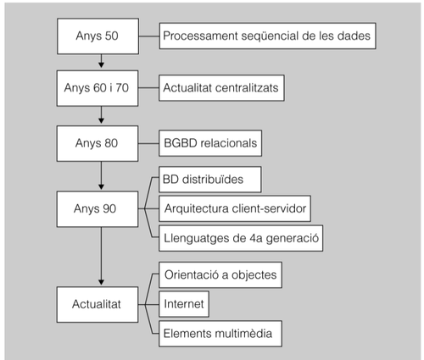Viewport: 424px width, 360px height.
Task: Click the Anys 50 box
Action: pyautogui.click(x=101, y=36)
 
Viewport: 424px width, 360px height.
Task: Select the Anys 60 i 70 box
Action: pyautogui.click(x=101, y=87)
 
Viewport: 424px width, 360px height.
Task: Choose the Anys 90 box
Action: pyautogui.click(x=101, y=208)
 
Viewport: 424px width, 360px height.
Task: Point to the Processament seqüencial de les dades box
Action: pyautogui.click(x=265, y=36)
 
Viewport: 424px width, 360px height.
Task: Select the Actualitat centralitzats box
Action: pyautogui.click(x=222, y=87)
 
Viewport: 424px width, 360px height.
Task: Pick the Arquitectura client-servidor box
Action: pyautogui.click(x=234, y=208)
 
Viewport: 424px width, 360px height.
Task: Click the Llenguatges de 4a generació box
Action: pyautogui.click(x=241, y=236)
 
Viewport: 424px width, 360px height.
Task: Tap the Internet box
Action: pyautogui.click(x=184, y=302)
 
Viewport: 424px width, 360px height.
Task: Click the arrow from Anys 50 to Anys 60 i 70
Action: pyautogui.click(x=101, y=61)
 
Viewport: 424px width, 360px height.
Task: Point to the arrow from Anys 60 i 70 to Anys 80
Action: pyautogui.click(x=101, y=114)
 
